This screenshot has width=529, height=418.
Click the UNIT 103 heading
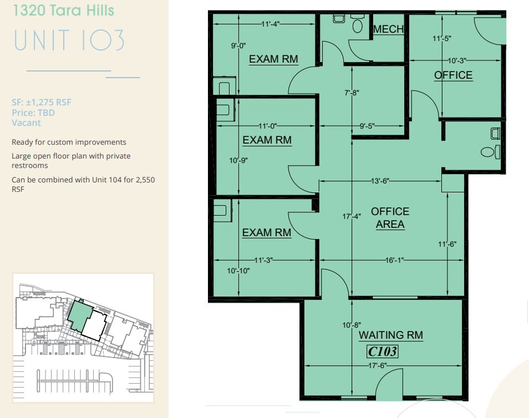[69, 40]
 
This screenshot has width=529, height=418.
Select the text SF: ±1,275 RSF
[42, 102]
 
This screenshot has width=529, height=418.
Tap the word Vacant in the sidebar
[26, 123]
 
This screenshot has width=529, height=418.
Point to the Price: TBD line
[33, 113]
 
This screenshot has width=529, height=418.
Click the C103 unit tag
[383, 351]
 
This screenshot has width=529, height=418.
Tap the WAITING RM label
[390, 335]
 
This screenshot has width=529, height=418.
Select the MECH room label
[388, 29]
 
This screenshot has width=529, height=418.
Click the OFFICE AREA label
[390, 218]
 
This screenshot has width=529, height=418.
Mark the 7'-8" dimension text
[352, 93]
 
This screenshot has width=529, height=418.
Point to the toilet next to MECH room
[357, 24]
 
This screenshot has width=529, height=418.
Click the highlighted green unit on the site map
[80, 315]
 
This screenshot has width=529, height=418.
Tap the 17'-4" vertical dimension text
[352, 217]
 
